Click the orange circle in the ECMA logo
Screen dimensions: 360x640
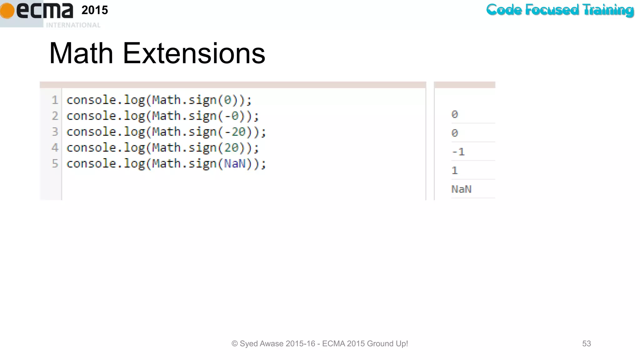pyautogui.click(x=7, y=11)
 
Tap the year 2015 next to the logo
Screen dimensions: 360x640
pyautogui.click(x=95, y=10)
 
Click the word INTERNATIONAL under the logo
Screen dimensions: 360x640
pyautogui.click(x=73, y=25)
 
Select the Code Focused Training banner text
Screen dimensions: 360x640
pyautogui.click(x=560, y=10)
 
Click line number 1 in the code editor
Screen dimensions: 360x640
pyautogui.click(x=55, y=100)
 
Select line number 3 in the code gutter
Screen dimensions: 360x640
pyautogui.click(x=55, y=132)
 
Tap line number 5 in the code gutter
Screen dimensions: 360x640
pyautogui.click(x=55, y=163)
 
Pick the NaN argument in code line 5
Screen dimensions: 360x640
pyautogui.click(x=235, y=163)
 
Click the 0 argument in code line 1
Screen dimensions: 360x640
pyautogui.click(x=228, y=100)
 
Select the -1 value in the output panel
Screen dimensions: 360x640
pyautogui.click(x=458, y=152)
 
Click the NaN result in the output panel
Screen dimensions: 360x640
pyautogui.click(x=461, y=189)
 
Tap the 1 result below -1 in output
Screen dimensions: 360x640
pyautogui.click(x=455, y=171)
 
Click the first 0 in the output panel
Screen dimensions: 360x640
pyautogui.click(x=455, y=114)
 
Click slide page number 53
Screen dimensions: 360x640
pyautogui.click(x=587, y=343)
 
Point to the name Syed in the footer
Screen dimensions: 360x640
pyautogui.click(x=249, y=343)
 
